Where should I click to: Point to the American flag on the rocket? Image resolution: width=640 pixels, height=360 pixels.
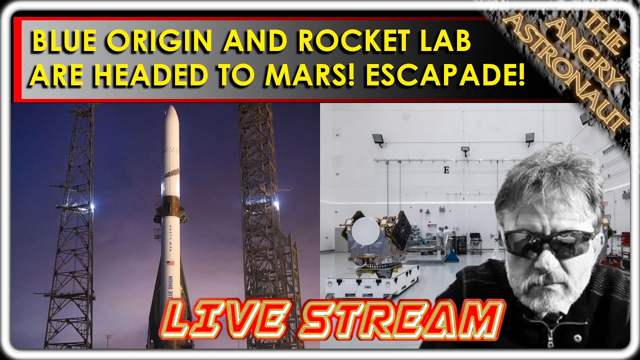[170, 263]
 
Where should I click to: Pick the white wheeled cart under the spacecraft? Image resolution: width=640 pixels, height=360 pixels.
[372, 281]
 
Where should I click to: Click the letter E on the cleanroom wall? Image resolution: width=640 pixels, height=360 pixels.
[446, 170]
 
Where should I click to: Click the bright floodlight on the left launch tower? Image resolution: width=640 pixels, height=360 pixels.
[91, 205]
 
